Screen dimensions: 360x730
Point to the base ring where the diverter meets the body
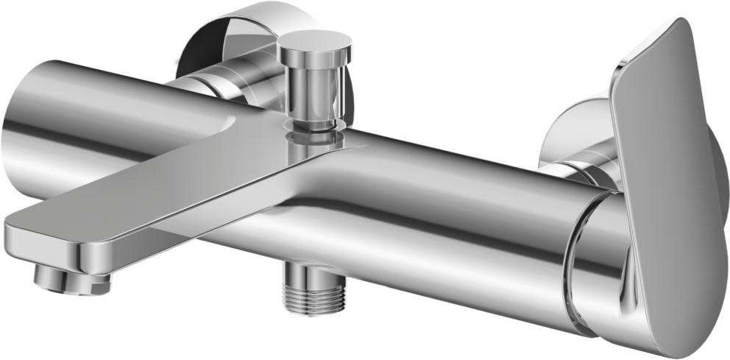coord(315,133)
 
